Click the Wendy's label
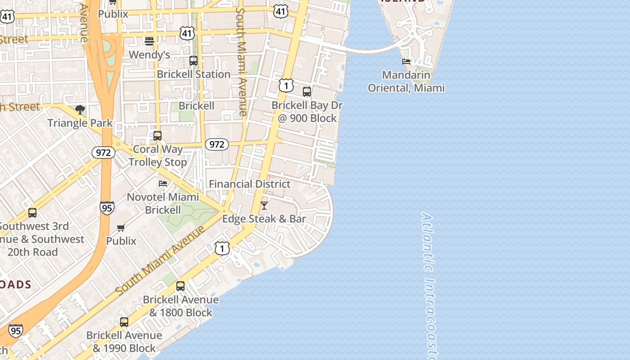(149, 55)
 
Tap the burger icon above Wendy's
(149, 41)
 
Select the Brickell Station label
(193, 74)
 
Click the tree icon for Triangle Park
(80, 110)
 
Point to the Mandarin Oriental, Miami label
(406, 81)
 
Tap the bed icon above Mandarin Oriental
(406, 62)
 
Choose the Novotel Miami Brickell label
(163, 203)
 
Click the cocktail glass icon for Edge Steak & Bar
(264, 206)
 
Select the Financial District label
(250, 184)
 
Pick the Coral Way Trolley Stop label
(157, 156)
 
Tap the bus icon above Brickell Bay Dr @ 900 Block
(307, 92)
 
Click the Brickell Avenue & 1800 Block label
(181, 306)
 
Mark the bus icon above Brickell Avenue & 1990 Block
(124, 322)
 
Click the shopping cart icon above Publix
(121, 228)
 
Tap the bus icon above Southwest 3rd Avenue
(32, 213)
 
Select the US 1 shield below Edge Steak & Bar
(222, 248)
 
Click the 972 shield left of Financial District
(217, 144)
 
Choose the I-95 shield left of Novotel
(107, 208)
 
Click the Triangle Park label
(80, 123)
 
